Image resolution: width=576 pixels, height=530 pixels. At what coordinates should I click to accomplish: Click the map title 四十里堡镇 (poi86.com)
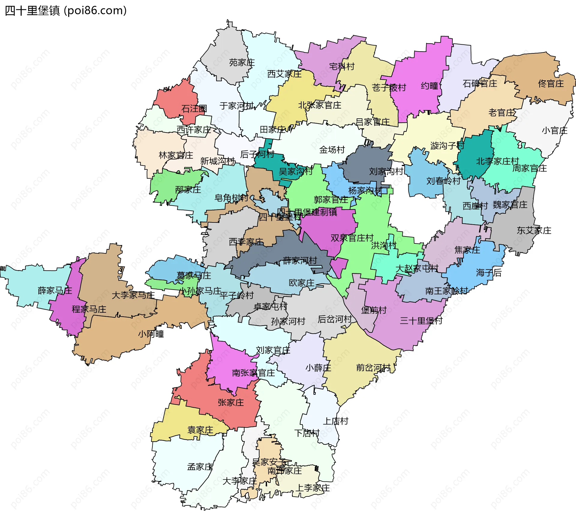click(66, 10)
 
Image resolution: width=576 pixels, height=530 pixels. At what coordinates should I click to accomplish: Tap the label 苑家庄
click(242, 63)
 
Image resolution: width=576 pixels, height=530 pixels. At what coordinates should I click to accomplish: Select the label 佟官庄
click(551, 84)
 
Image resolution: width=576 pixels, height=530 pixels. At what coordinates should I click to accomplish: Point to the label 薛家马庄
click(55, 290)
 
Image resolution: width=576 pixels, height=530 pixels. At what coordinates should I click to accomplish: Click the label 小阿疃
click(151, 334)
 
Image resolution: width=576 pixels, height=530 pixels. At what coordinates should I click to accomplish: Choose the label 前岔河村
click(373, 368)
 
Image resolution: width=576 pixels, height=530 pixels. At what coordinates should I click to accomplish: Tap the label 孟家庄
click(200, 467)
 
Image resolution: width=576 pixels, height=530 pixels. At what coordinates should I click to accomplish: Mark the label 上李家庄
click(313, 488)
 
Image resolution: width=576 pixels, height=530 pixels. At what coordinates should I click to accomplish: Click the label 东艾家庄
click(534, 231)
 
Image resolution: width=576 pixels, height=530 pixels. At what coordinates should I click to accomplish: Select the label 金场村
click(332, 150)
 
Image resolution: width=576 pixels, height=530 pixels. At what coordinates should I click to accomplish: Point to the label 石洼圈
click(194, 109)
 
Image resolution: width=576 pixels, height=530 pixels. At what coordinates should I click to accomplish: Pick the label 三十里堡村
click(421, 321)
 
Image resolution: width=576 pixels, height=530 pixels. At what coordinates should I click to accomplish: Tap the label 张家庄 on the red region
click(231, 402)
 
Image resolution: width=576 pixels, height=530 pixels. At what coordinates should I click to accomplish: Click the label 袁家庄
click(200, 430)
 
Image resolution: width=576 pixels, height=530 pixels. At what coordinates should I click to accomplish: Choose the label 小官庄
click(554, 130)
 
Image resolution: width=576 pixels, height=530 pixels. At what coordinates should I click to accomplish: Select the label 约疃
click(430, 86)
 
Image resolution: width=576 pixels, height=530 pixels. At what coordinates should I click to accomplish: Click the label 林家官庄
click(176, 155)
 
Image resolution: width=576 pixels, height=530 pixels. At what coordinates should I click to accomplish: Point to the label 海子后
click(489, 272)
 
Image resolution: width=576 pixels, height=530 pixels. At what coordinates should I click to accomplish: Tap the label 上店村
click(335, 421)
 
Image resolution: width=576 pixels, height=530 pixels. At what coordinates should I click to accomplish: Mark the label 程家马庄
click(89, 309)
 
